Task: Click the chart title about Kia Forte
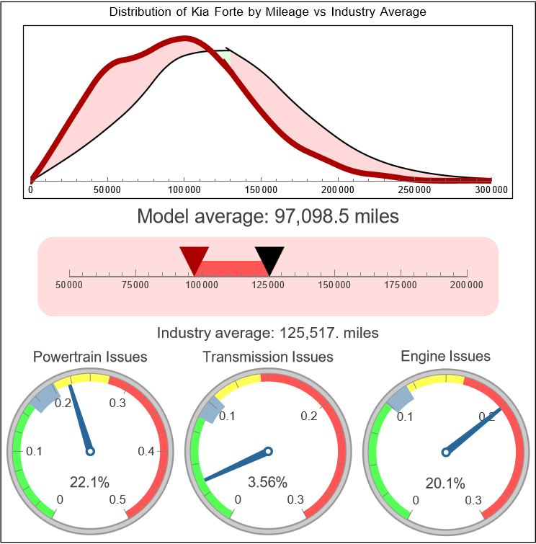point(267,12)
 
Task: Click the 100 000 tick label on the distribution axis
point(184,190)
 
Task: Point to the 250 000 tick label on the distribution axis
point(415,190)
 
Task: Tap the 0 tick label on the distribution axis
point(30,190)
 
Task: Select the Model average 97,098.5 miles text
point(267,216)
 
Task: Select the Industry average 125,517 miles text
point(267,333)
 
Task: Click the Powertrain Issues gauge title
point(90,357)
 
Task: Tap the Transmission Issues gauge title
point(268,357)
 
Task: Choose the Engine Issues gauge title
point(445,356)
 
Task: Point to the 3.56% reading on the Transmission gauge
point(267,481)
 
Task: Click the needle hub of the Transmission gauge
point(268,452)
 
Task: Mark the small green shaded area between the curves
point(225,55)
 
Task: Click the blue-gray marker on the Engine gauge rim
point(401,396)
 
